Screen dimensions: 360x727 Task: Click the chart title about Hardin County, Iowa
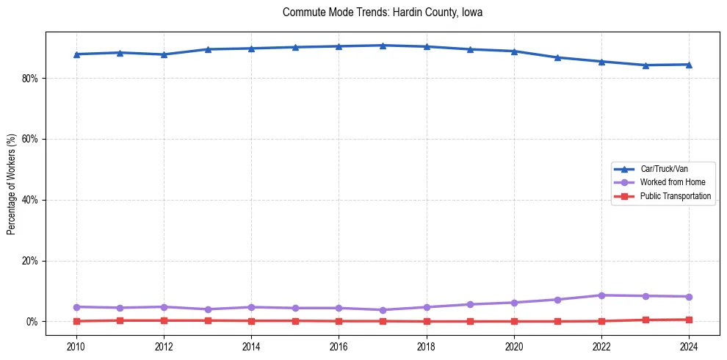(x=382, y=12)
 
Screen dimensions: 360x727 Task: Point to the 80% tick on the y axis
(x=32, y=78)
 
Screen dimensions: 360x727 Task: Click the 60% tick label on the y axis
(x=32, y=139)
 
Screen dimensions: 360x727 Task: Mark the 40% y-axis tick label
(x=32, y=200)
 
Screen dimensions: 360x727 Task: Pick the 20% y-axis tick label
(x=32, y=261)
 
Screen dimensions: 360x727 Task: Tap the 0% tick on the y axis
(x=34, y=322)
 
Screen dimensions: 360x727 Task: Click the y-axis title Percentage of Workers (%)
(x=12, y=184)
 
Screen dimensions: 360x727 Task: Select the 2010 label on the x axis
(x=76, y=346)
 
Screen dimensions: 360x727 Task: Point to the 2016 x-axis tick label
(x=339, y=346)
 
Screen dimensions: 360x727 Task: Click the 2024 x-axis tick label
(x=689, y=346)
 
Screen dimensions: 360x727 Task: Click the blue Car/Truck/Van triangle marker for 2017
(x=383, y=46)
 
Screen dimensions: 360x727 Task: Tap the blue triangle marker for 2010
(x=76, y=54)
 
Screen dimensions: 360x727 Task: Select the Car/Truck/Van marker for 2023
(x=645, y=65)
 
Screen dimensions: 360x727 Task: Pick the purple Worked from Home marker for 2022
(x=601, y=295)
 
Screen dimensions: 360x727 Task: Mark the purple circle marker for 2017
(x=383, y=310)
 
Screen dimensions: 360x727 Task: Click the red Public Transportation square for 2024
(x=689, y=320)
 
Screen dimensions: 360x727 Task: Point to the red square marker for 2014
(x=251, y=321)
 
